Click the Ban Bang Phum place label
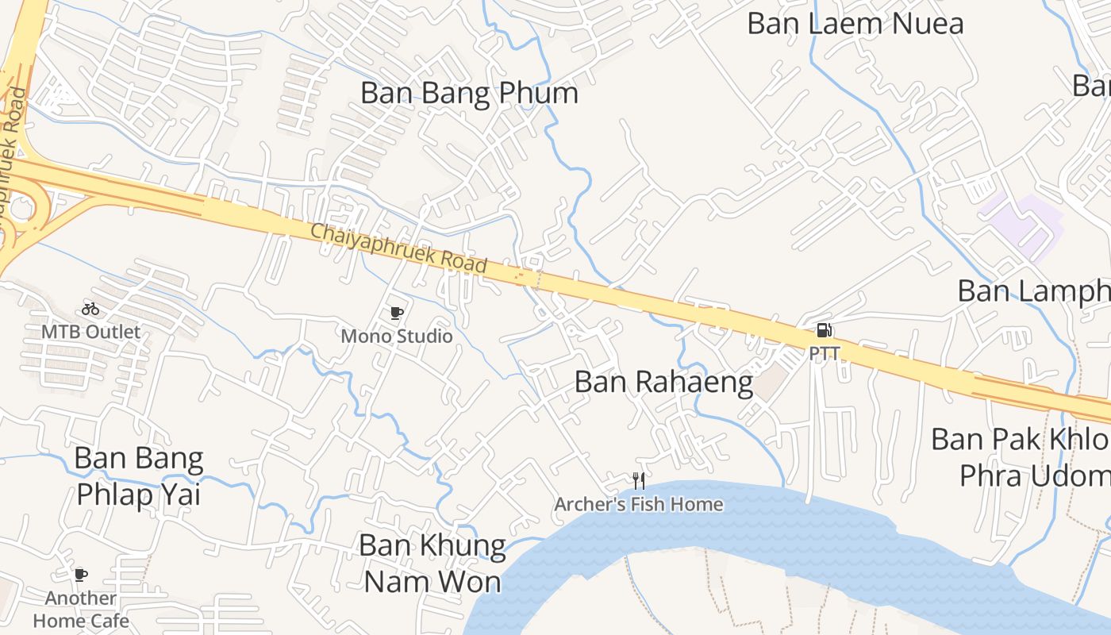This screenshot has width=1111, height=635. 469,94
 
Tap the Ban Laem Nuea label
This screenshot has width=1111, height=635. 855,23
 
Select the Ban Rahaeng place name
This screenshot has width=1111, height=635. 663,382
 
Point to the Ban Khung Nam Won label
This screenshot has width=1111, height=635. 432,563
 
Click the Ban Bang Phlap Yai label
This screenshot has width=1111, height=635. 139,476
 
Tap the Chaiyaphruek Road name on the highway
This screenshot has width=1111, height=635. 398,248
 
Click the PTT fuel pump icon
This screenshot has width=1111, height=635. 825,330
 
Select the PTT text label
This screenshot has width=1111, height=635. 825,353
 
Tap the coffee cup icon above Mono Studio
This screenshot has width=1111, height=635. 397,314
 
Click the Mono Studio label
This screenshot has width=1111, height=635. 397,337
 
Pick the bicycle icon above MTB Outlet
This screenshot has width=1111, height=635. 90,309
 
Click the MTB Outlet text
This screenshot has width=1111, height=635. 90,332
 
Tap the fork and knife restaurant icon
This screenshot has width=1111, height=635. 638,480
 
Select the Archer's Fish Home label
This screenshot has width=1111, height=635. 639,504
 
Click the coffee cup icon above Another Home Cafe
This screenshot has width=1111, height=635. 80,575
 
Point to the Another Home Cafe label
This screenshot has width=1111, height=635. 81,609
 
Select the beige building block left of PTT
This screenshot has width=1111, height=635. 768,384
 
